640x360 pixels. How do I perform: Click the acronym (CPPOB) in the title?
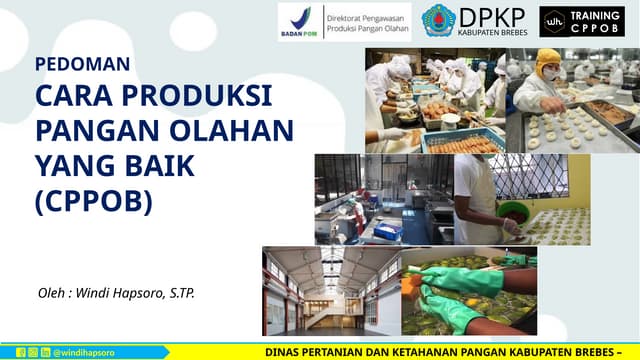(x=94, y=201)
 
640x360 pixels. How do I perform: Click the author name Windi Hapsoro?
(x=147, y=293)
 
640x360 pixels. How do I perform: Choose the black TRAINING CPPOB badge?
(x=581, y=21)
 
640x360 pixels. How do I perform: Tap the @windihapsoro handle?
(x=83, y=353)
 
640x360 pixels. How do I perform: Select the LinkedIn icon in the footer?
(x=45, y=353)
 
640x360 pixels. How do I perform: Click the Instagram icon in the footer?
(x=32, y=353)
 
